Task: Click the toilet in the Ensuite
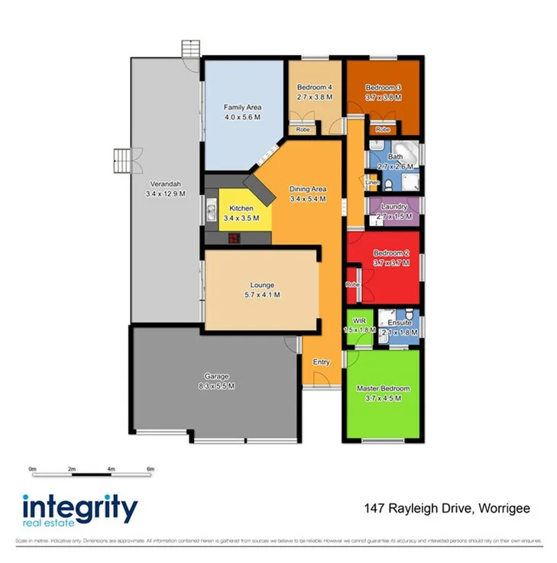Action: (409, 315)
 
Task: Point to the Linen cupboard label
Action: (372, 183)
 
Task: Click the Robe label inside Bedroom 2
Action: (351, 284)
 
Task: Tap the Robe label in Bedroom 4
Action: (303, 130)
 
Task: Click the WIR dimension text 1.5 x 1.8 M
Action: (356, 330)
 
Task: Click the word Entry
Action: (321, 362)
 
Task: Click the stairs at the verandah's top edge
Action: (190, 47)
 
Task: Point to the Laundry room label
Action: (394, 207)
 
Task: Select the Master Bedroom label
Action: (383, 388)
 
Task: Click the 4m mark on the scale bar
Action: (111, 468)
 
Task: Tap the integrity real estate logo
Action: (79, 511)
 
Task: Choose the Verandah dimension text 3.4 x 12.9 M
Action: (165, 194)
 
